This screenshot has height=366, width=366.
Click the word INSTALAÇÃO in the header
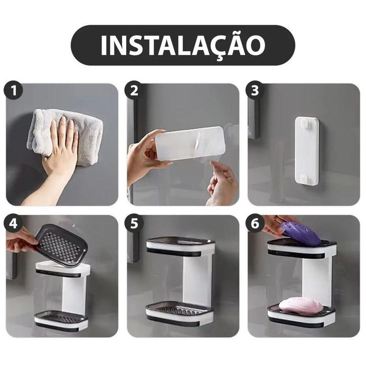[183, 45]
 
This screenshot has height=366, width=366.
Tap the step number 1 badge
[15, 91]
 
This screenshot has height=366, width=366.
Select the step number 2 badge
[135, 91]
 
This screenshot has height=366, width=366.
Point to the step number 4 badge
[15, 223]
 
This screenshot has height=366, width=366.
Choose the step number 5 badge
[135, 223]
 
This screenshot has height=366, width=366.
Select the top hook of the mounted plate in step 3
[306, 122]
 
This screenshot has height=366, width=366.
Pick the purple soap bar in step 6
[301, 233]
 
